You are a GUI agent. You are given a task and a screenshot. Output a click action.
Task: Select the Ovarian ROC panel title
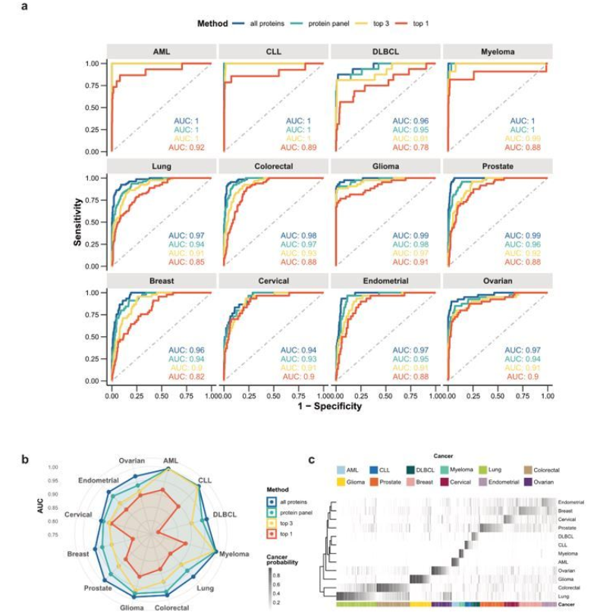coord(498,281)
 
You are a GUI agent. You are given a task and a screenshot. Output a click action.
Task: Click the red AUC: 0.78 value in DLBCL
coord(412,147)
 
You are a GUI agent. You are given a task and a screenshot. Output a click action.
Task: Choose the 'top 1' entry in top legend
coord(421,24)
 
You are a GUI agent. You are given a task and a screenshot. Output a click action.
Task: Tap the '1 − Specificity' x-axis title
coord(329,406)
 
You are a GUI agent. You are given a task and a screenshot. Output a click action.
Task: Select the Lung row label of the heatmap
coord(564,597)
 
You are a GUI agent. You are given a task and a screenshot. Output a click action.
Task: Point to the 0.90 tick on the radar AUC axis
coord(53,494)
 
